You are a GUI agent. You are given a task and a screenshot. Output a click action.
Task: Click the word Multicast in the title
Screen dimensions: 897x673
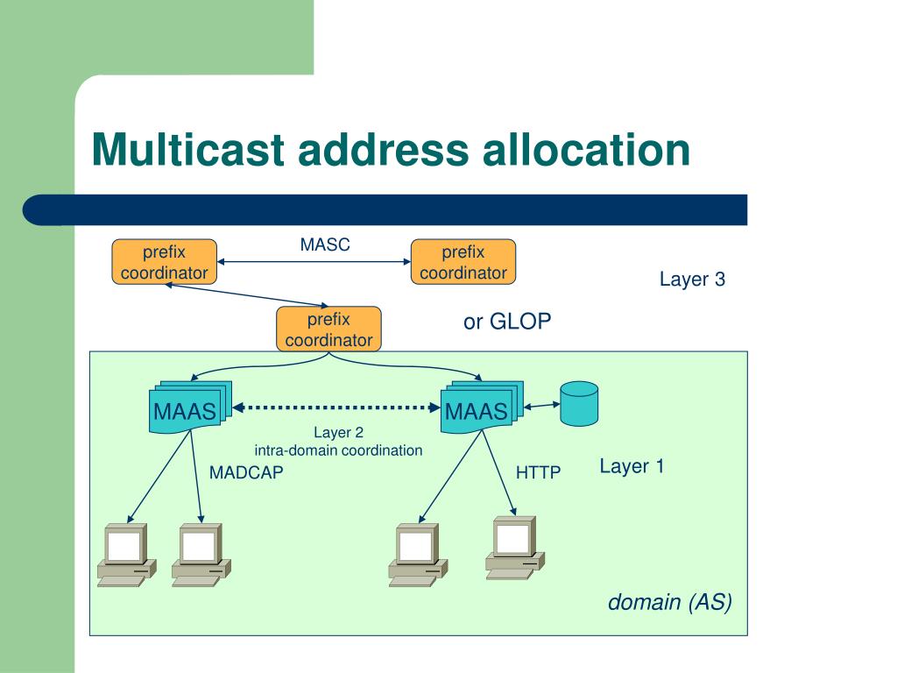[188, 149]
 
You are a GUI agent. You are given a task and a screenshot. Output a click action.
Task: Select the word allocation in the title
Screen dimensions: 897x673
[586, 149]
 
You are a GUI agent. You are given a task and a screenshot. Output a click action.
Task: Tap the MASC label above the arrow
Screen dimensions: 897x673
[325, 244]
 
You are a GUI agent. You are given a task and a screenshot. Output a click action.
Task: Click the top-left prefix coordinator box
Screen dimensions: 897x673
[164, 261]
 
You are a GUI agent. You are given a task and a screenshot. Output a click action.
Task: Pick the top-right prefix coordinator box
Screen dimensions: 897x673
[463, 261]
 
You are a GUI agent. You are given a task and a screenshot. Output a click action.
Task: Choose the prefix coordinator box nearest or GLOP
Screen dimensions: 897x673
[329, 329]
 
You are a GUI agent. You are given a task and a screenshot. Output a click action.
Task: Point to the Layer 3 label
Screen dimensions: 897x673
[692, 279]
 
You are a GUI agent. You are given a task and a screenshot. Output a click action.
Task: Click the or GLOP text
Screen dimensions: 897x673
[507, 321]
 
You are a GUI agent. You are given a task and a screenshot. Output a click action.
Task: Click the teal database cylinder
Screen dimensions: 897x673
[579, 404]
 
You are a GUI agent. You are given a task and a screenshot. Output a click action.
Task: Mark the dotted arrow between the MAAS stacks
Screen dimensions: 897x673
[336, 407]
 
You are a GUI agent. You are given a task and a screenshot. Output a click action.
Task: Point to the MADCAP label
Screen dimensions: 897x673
[246, 472]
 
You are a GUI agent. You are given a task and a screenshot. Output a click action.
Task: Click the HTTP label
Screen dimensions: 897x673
[539, 472]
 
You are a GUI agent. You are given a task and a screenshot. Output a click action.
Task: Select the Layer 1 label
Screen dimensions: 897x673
[632, 466]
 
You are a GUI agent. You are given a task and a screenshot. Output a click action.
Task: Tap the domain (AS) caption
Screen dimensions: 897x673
[670, 602]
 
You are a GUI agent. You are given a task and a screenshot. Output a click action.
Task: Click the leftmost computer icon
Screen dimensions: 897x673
[126, 555]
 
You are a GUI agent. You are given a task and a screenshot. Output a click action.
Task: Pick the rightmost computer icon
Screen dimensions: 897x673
[515, 548]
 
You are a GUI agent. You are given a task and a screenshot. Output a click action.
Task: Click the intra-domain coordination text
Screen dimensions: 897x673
[338, 450]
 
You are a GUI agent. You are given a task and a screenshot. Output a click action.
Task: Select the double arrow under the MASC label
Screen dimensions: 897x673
[314, 261]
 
